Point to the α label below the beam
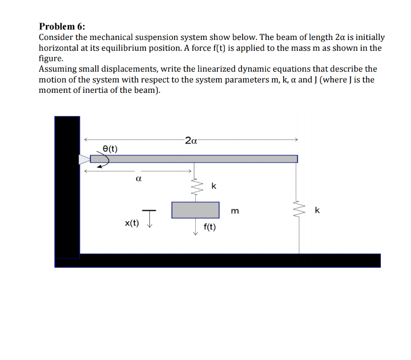tap(139, 178)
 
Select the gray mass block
tap(195, 210)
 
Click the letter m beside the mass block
tap(234, 210)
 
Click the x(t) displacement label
tap(132, 222)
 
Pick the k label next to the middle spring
tap(214, 186)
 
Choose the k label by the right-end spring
tap(317, 210)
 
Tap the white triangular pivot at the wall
tap(84, 159)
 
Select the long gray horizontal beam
tap(194, 159)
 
